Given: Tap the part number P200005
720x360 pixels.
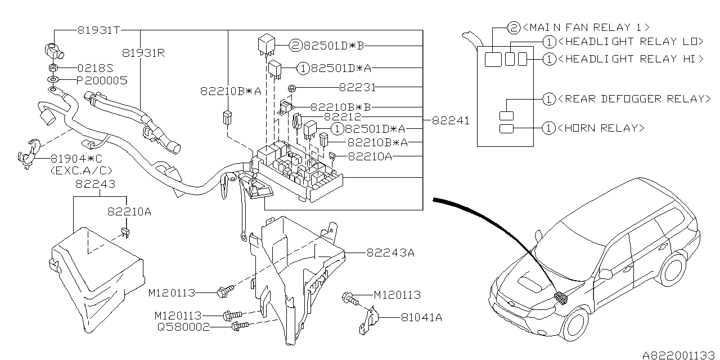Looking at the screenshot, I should [x=102, y=80].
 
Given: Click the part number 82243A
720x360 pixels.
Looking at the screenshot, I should [x=390, y=253].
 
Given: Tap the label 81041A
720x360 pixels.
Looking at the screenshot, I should [x=421, y=318].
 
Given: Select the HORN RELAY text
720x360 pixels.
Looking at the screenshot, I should [x=601, y=128].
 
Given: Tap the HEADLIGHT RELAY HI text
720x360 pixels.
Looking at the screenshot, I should [x=630, y=58].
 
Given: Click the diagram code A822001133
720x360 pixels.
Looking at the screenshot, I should [x=679, y=354].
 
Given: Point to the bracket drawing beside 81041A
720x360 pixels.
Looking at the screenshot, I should [x=366, y=322].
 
